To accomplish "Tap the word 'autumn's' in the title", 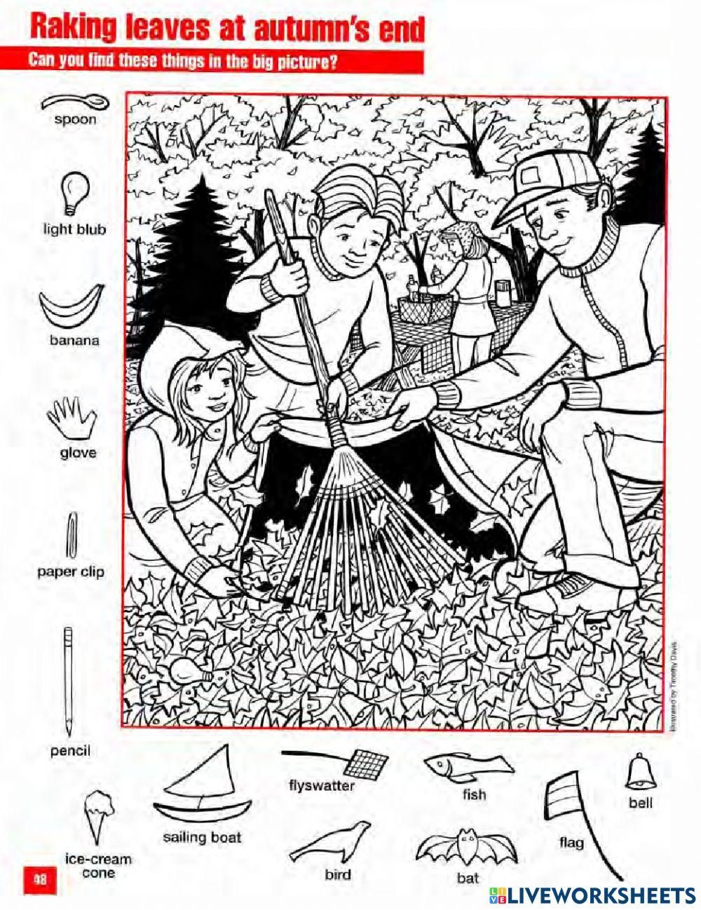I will point(306,30).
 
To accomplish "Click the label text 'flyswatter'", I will point(321,785).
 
